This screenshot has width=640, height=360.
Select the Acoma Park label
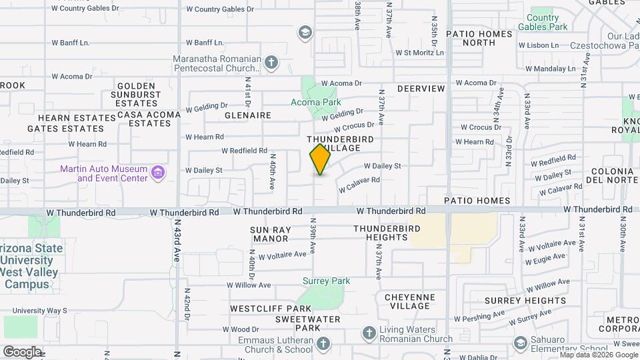coord(316,102)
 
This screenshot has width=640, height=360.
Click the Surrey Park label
coord(326,281)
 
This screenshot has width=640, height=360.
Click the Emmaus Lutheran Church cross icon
coord(323,344)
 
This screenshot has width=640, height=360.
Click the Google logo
coord(22,351)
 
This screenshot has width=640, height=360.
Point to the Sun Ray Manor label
coord(269,233)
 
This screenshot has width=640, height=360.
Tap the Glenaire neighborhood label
coord(248,115)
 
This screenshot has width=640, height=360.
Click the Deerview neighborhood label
coord(421,88)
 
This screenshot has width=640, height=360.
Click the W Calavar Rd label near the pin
coord(359,184)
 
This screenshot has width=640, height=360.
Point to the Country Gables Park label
coord(547,22)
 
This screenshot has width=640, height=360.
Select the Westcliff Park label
coord(271,309)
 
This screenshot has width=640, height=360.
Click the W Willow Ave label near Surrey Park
coord(249,285)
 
